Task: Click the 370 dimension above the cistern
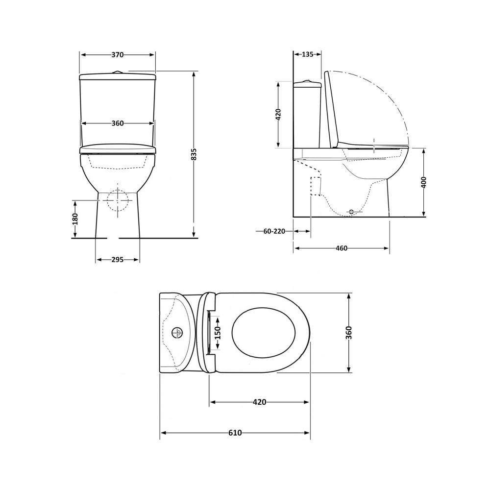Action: click(118, 55)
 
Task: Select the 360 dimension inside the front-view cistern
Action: click(118, 123)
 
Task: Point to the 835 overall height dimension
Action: click(194, 154)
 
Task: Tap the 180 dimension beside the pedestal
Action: click(75, 219)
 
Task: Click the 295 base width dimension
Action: click(118, 260)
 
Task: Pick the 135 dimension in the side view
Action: click(307, 54)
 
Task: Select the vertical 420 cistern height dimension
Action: click(278, 115)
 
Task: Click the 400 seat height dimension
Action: click(424, 182)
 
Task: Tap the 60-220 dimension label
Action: click(274, 231)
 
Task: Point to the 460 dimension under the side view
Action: click(342, 248)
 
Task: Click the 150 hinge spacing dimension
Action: click(218, 333)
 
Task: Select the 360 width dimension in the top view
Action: click(349, 333)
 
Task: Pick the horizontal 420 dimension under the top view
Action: click(259, 402)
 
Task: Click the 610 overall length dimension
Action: click(235, 433)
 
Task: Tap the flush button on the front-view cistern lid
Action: click(117, 73)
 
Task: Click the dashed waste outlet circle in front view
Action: click(118, 200)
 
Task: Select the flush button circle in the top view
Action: click(177, 333)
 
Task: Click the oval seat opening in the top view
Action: click(264, 333)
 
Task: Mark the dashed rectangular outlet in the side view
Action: click(316, 186)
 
